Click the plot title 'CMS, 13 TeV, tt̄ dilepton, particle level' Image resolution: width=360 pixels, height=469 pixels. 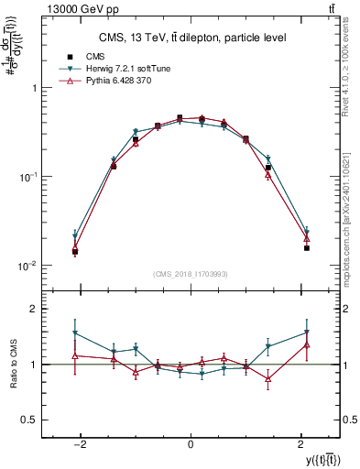coord(190,38)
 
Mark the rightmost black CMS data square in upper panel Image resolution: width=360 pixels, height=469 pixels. coord(307,248)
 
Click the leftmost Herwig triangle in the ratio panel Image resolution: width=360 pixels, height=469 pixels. coord(75,333)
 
